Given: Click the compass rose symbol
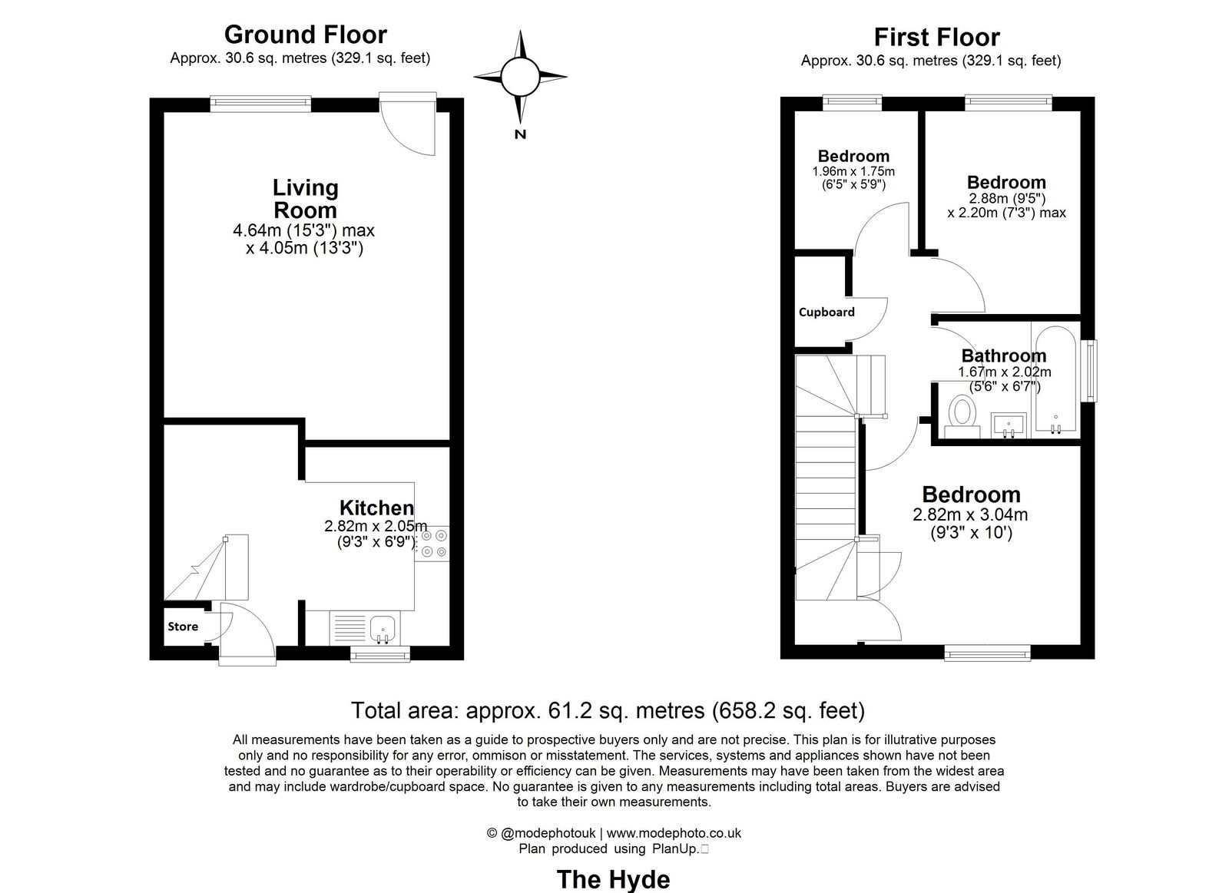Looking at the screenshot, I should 520,77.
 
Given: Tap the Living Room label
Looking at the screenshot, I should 305,199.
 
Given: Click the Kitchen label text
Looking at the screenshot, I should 376,508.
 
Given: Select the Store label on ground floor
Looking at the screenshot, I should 183,627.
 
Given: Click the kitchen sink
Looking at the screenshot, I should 382,629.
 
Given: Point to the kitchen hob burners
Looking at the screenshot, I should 432,542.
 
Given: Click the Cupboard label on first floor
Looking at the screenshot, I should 827,312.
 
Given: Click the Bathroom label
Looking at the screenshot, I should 1003,356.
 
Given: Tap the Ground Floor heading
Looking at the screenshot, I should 305,35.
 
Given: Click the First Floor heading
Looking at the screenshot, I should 936,37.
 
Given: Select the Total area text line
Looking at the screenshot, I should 608,710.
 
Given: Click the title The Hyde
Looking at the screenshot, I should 613,879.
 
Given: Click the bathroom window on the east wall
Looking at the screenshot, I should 1089,370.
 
